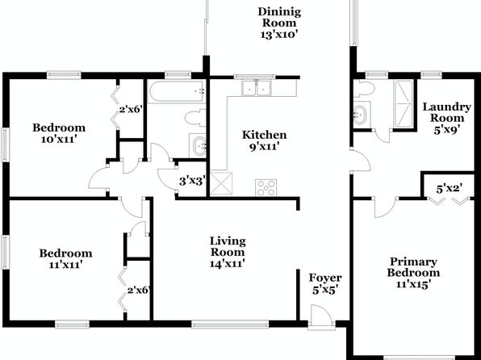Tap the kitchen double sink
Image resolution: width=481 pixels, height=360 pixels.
pos(256,88)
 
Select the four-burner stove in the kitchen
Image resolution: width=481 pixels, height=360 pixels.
pos(266,187)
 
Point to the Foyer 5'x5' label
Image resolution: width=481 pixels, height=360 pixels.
pos(325,283)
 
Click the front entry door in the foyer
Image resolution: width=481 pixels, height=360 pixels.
pos(321,316)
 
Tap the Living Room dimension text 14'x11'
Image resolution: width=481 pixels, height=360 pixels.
pos(227,263)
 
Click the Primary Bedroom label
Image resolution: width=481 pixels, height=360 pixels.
pos(413,273)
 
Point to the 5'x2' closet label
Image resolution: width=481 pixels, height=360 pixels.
pos(450,188)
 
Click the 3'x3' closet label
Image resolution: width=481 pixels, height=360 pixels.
pos(192,181)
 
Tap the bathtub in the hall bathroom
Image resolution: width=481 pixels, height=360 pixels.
pos(177,91)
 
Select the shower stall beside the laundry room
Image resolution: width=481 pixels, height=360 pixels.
pos(404,103)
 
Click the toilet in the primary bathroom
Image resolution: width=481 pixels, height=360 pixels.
pos(364,89)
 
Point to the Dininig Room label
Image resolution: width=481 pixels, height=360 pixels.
pos(279,23)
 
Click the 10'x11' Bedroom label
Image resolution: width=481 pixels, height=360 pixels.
pos(59,133)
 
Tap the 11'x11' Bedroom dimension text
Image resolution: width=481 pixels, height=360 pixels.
pos(66,264)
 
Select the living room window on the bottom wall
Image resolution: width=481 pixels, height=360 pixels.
pos(230,324)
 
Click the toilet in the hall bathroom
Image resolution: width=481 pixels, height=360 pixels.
pos(195,118)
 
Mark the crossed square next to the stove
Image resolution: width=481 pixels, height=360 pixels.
pos(221,183)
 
